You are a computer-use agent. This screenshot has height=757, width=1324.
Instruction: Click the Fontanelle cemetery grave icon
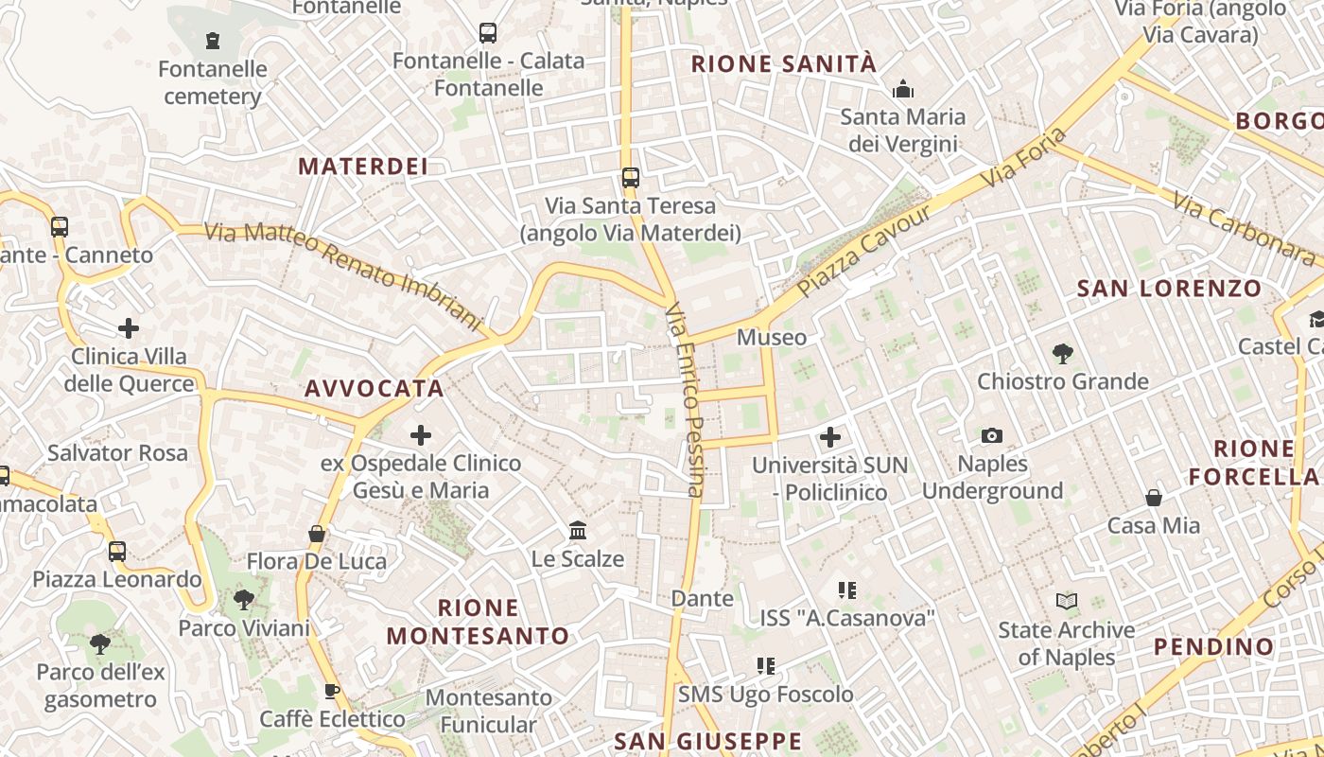coord(213,41)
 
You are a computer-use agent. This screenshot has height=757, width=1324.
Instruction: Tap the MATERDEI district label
coord(364,167)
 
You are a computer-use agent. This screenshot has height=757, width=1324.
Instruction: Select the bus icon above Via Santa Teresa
coord(630,178)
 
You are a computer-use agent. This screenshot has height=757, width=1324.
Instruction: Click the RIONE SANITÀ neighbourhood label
coord(784,64)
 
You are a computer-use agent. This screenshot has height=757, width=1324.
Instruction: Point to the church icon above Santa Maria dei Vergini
coord(903,90)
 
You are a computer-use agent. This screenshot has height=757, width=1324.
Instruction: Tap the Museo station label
coord(772,337)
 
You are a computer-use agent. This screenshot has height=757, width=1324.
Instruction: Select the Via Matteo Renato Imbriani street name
coord(343,274)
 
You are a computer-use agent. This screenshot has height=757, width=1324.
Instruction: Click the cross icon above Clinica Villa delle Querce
coord(129,328)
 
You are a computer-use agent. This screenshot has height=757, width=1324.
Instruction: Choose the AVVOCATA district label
coord(375,388)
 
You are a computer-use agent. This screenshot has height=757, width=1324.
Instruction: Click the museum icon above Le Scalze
coord(578,530)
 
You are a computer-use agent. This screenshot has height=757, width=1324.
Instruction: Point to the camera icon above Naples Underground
coord(992,435)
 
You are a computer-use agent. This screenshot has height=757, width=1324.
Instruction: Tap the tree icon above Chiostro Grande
coord(1062,354)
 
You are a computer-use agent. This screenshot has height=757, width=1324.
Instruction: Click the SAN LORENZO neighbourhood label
coord(1169,289)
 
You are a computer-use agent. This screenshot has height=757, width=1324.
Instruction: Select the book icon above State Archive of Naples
coord(1066,601)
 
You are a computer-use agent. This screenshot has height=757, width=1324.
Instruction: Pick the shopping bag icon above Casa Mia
coord(1154,498)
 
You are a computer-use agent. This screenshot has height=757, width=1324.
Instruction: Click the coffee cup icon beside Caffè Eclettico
coord(331,691)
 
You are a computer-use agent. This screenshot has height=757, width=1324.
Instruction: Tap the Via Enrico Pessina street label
coord(685,399)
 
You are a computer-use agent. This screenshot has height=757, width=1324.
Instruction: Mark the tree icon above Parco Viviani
coord(244,599)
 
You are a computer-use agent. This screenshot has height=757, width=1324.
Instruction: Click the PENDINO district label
coord(1213,647)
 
